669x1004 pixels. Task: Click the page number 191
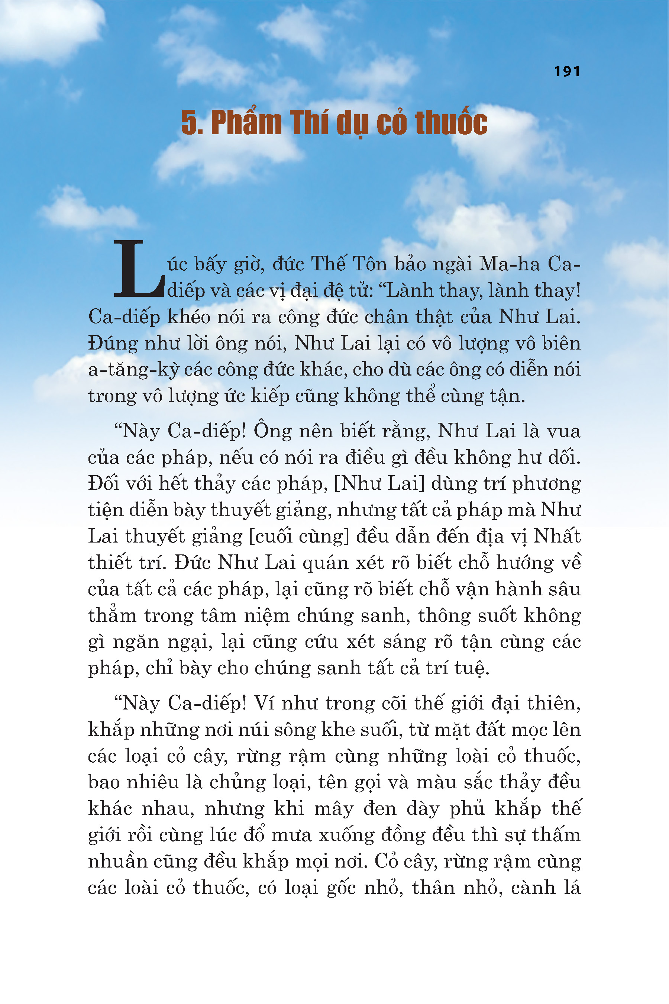567,71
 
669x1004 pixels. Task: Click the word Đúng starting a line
113,344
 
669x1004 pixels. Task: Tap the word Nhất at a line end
557,537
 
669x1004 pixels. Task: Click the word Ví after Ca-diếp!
264,703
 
